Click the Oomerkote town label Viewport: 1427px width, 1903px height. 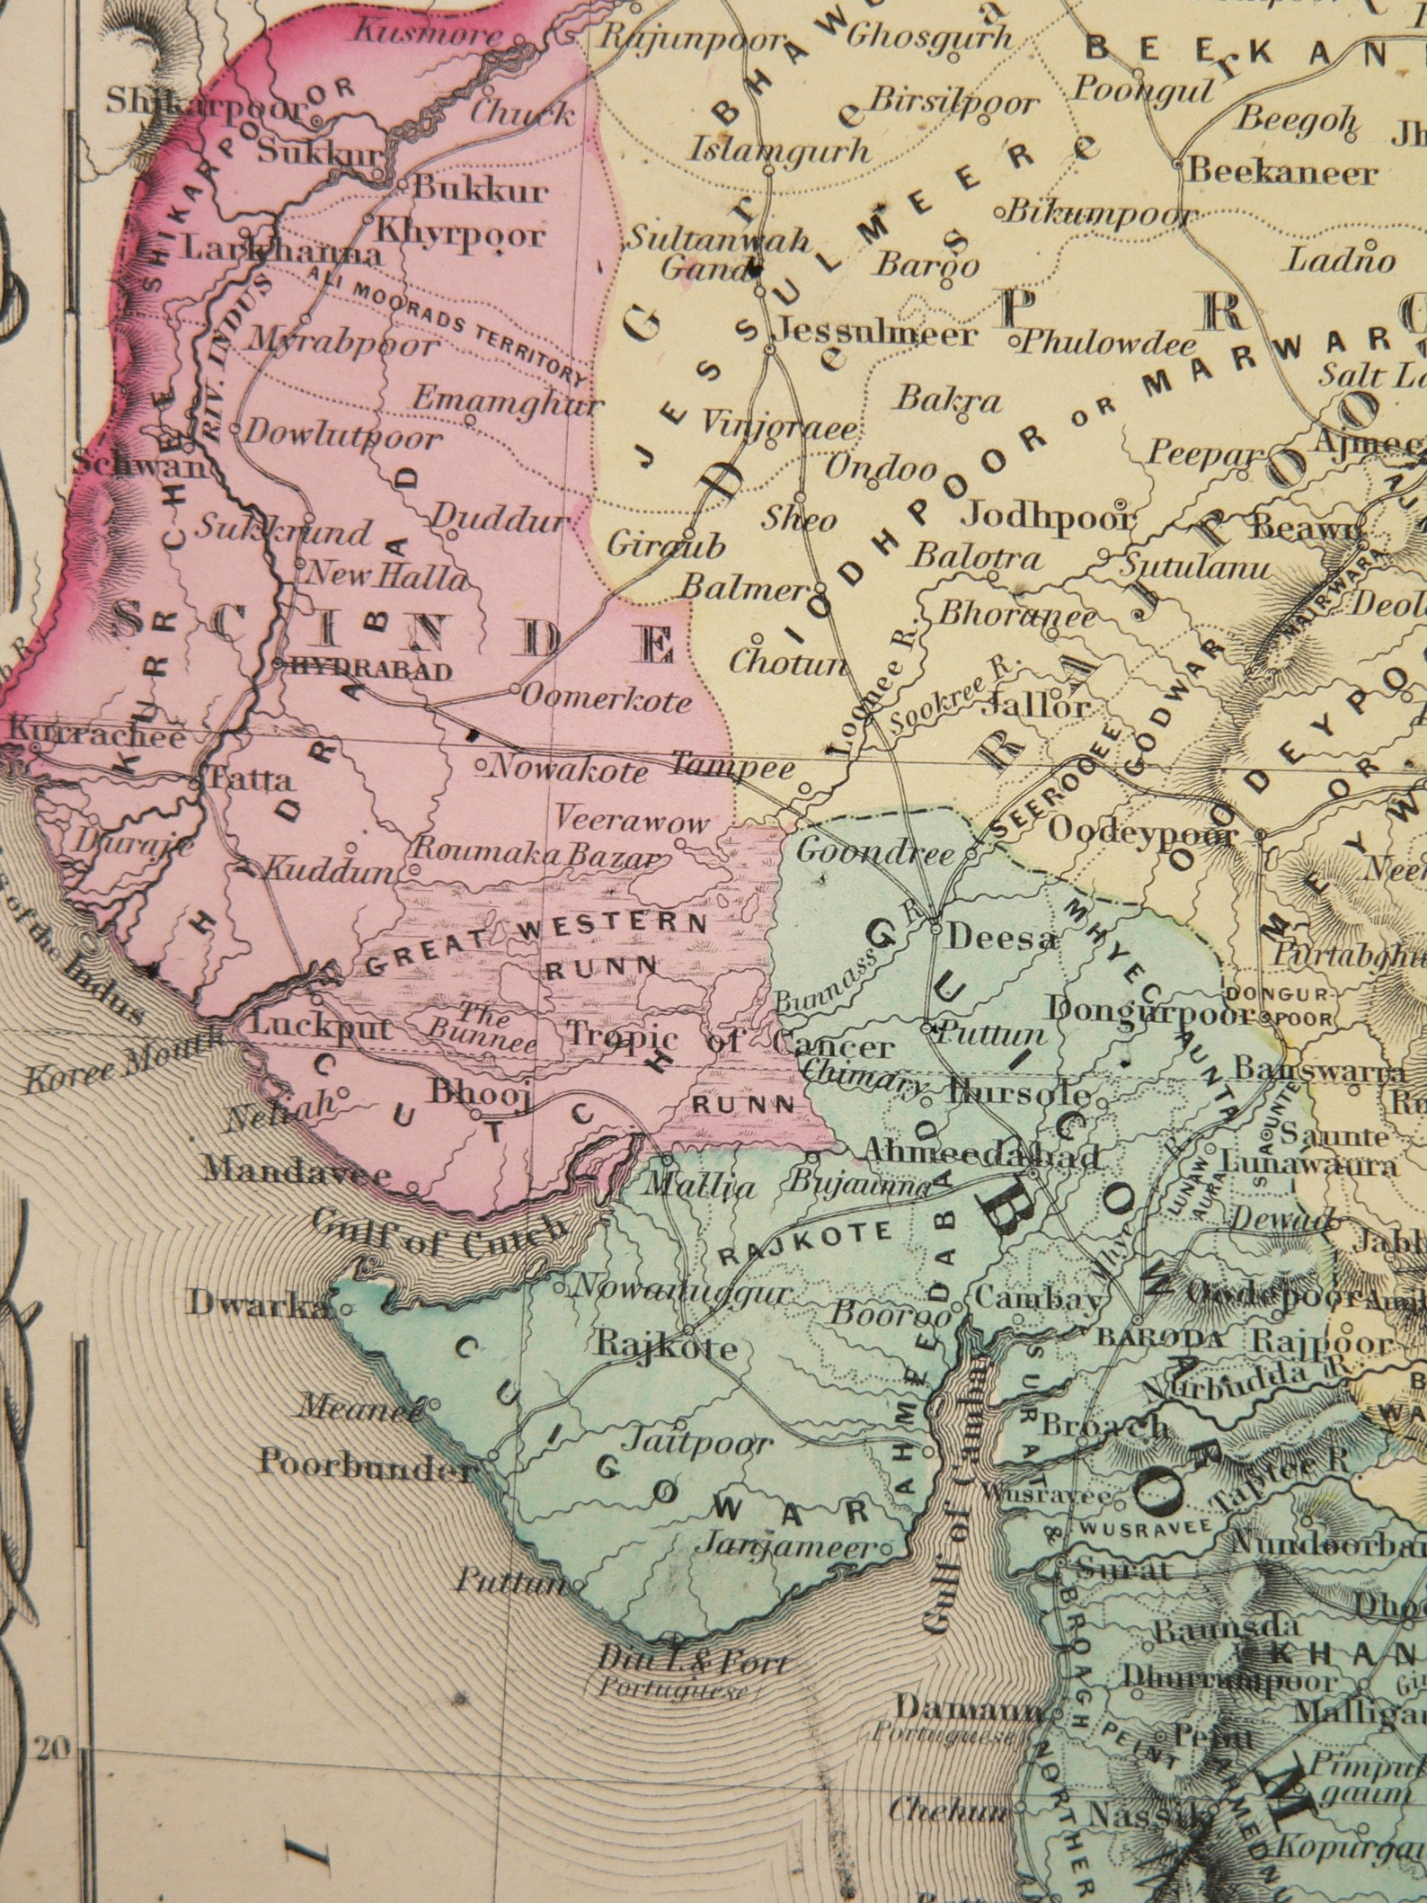pyautogui.click(x=607, y=698)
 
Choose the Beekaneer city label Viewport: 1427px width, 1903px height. pyautogui.click(x=1283, y=172)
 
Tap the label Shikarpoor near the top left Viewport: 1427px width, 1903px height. pyautogui.click(x=205, y=103)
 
